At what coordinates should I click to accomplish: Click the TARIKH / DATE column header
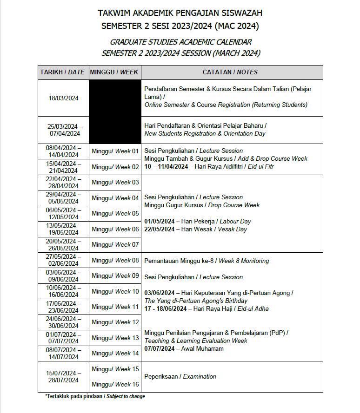[63, 72]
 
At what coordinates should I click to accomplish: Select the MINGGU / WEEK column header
[114, 72]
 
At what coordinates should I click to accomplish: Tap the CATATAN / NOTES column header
[230, 72]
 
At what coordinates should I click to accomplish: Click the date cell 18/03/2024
[63, 98]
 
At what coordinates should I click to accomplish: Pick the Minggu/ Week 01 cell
[115, 151]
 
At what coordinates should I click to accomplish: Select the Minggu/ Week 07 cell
[115, 244]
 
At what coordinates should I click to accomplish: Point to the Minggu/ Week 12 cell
[115, 322]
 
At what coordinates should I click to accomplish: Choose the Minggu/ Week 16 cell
[115, 384]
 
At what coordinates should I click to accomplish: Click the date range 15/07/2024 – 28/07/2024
[63, 376]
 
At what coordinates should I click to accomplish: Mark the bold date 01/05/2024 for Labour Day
[159, 221]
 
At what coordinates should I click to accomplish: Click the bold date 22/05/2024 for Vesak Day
[159, 229]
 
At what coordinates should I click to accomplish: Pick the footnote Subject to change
[126, 396]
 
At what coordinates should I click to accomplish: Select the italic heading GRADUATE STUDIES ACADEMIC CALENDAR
[181, 42]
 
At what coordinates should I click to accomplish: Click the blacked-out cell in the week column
[114, 111]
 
